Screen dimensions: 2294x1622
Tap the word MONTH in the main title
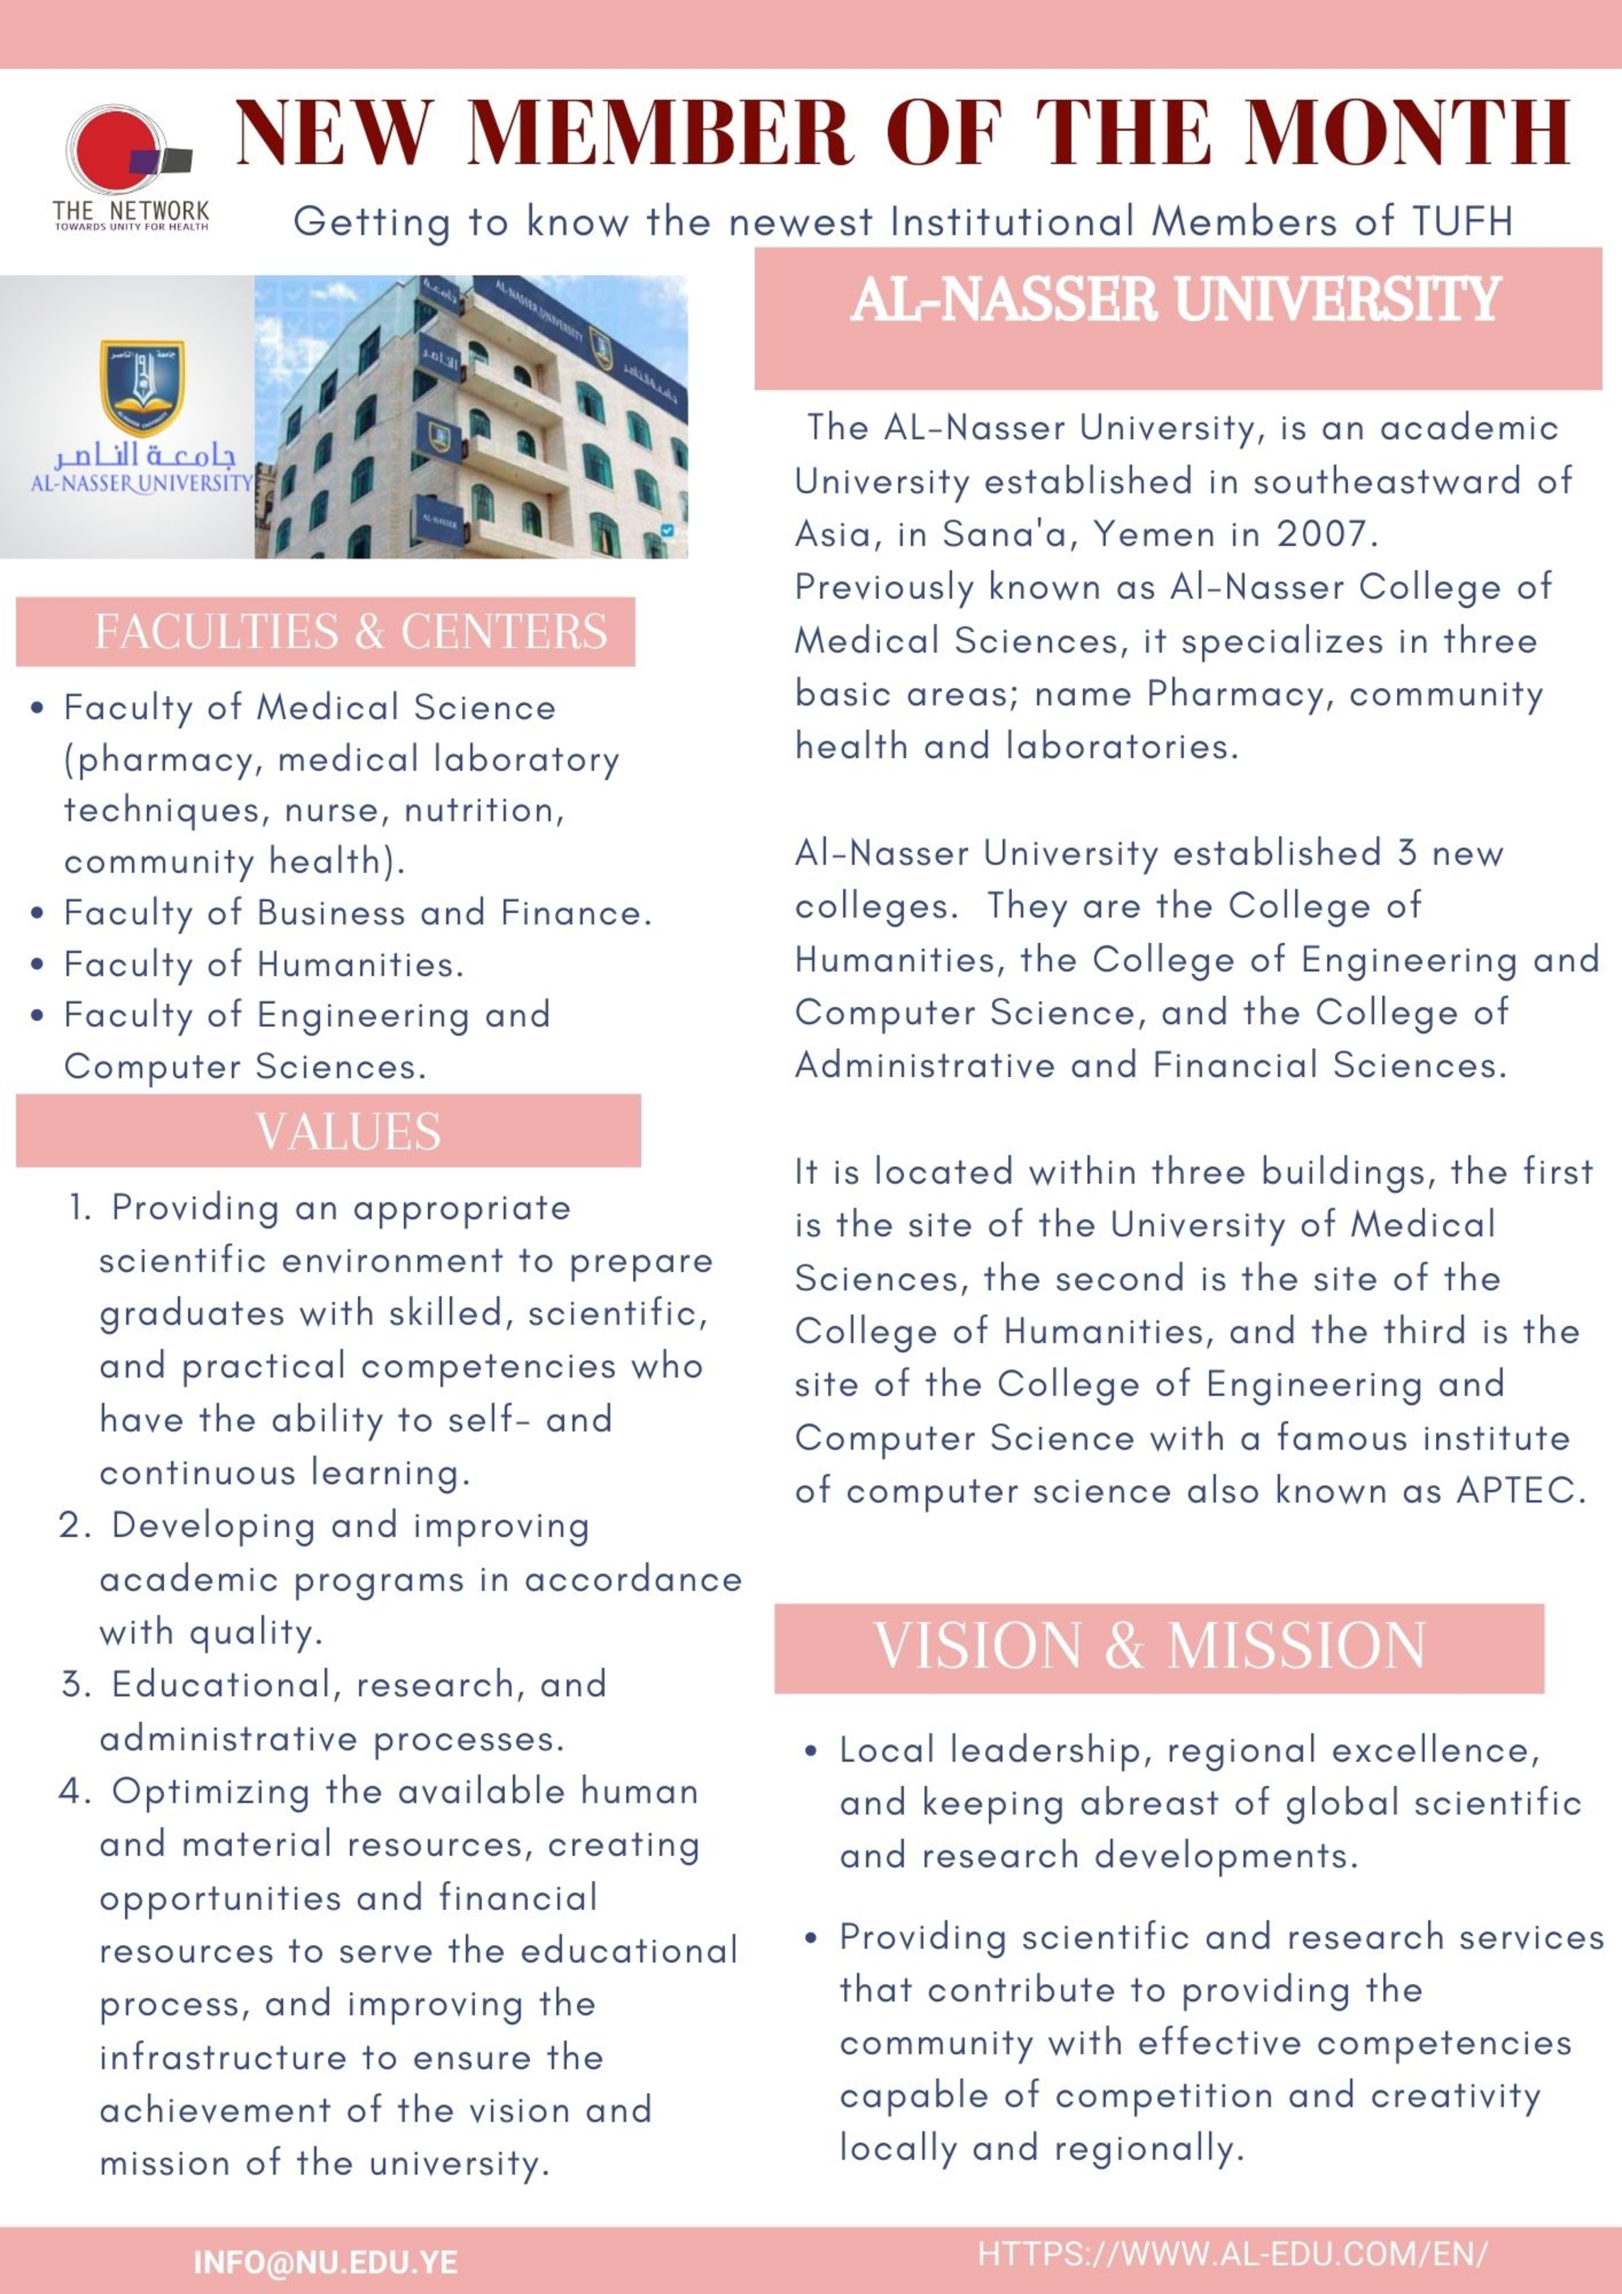(1406, 133)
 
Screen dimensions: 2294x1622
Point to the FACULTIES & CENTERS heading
(350, 632)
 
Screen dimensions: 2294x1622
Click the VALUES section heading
(347, 1132)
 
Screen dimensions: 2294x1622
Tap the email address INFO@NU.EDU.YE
(325, 2263)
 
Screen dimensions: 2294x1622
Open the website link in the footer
(1232, 2254)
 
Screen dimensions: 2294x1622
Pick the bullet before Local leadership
(812, 1751)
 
